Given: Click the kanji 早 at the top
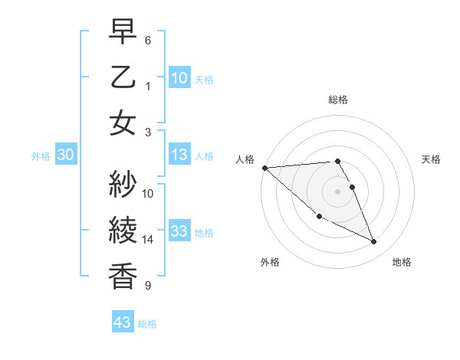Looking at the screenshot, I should [x=123, y=33].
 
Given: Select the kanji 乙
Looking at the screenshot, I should [x=123, y=79].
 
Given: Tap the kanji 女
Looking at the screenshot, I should [x=123, y=124].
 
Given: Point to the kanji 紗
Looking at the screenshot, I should [x=123, y=184].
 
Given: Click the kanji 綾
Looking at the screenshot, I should [x=123, y=231].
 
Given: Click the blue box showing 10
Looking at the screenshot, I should [x=179, y=77].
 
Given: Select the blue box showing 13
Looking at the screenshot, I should [x=179, y=155].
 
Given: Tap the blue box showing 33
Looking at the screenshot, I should [x=179, y=232].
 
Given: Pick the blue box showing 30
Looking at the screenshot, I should [x=65, y=155].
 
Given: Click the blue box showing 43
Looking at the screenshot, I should [x=122, y=322].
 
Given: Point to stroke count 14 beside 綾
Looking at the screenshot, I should [x=148, y=240].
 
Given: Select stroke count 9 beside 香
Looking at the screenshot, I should [x=148, y=286].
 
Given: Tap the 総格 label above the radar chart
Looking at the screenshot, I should [x=338, y=100].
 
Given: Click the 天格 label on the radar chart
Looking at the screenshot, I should [x=432, y=159].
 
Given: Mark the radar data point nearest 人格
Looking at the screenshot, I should [x=264, y=168].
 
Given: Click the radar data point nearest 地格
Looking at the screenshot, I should [x=374, y=242].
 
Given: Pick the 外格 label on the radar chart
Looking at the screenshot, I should [x=270, y=262].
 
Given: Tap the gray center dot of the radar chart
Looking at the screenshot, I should [x=338, y=191].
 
